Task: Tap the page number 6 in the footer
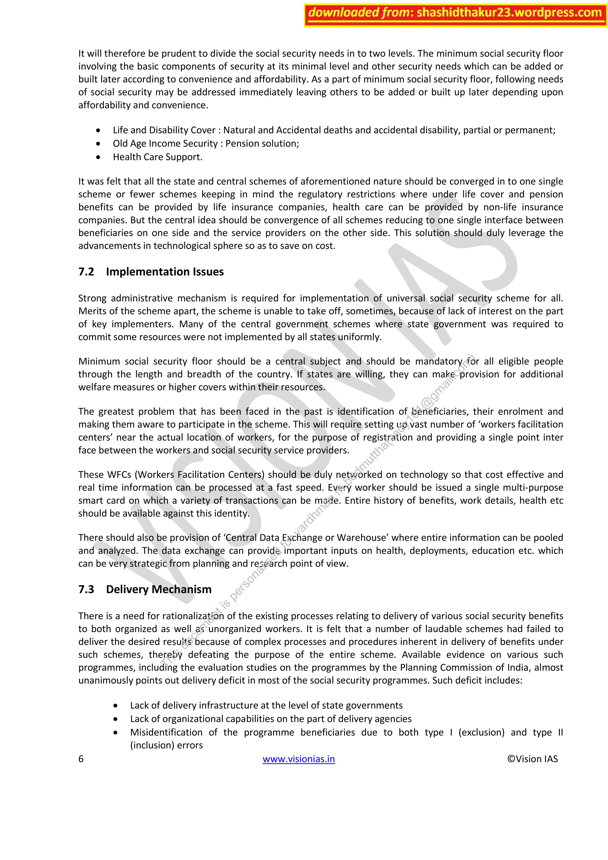coord(81,759)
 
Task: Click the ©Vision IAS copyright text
coord(532,759)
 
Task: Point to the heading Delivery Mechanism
coord(159,589)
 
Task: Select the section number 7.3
coord(86,589)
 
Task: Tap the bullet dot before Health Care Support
coord(98,157)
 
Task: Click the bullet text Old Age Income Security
coord(165,143)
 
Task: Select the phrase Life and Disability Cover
coord(164,130)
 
